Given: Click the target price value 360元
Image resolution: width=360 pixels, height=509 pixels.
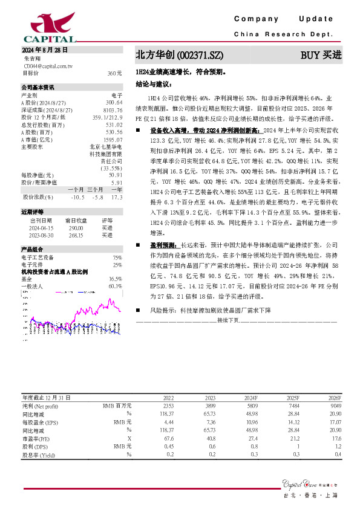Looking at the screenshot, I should (114, 73).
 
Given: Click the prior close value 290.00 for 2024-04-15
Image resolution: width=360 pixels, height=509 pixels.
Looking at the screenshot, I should (75, 228).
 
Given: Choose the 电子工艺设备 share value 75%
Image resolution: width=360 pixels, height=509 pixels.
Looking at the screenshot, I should (117, 258).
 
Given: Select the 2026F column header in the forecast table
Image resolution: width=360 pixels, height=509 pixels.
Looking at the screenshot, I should (334, 397).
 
